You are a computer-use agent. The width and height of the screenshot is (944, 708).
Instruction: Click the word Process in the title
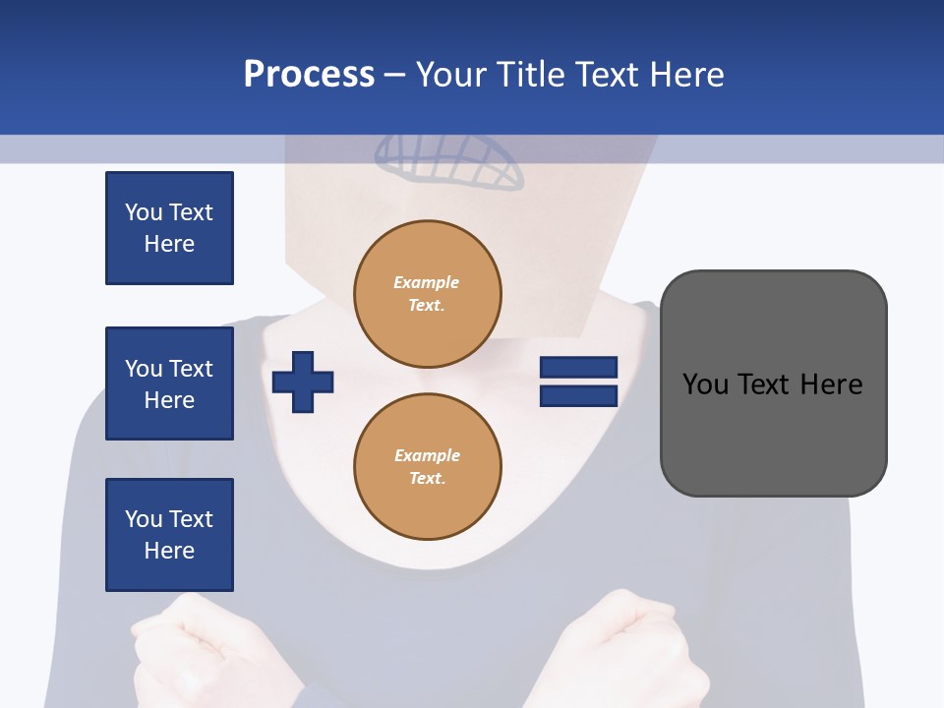click(x=309, y=75)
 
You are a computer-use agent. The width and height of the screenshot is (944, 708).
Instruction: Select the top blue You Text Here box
click(x=169, y=228)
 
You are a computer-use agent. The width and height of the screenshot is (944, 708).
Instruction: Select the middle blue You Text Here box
click(x=169, y=383)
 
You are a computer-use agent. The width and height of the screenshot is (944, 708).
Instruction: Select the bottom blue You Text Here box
click(x=169, y=535)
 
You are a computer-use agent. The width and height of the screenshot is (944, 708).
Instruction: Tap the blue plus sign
click(x=302, y=381)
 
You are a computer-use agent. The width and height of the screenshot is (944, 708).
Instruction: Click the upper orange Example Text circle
click(x=427, y=294)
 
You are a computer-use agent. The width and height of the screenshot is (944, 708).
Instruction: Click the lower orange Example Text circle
click(x=427, y=467)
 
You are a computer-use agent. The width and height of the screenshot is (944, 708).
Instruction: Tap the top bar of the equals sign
click(x=578, y=367)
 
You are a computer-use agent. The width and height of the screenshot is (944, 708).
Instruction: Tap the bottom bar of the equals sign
click(x=578, y=395)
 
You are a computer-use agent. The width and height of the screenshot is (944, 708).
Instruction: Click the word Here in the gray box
click(x=832, y=384)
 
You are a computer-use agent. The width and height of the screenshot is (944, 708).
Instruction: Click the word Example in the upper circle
click(x=427, y=282)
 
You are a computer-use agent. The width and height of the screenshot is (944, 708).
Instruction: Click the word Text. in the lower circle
click(x=427, y=479)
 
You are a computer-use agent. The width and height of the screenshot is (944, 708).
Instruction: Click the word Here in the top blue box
click(x=169, y=244)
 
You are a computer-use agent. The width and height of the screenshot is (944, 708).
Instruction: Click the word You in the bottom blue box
click(x=143, y=519)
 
